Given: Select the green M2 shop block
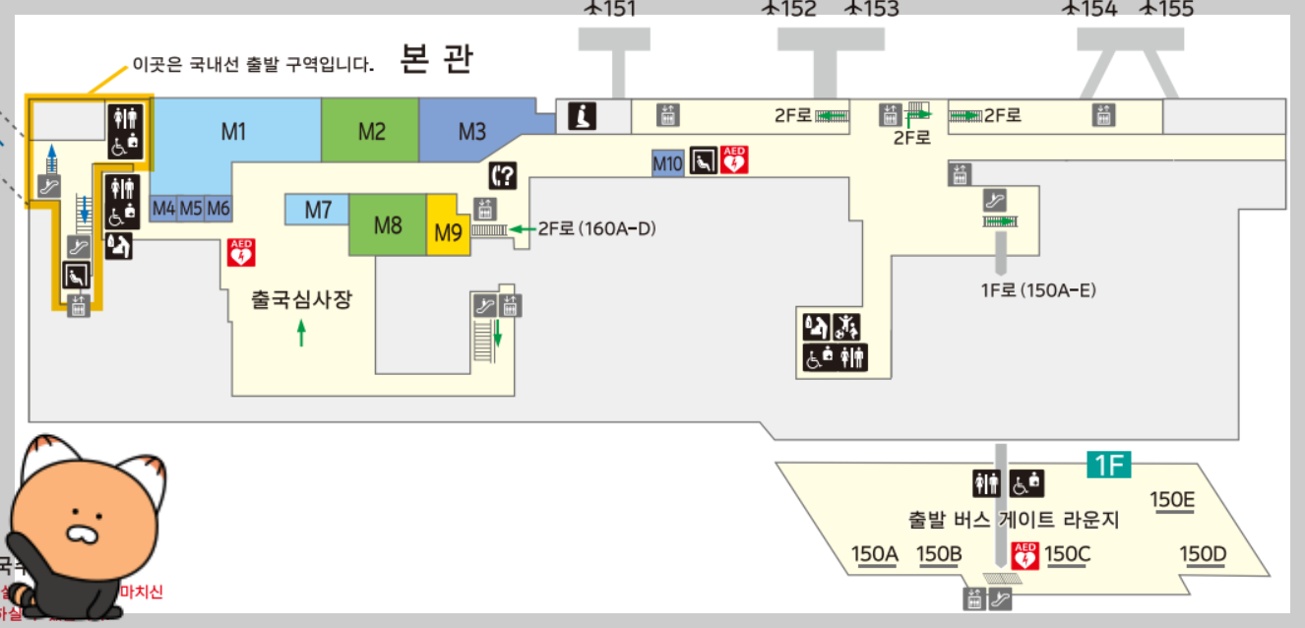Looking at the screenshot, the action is click(x=371, y=130).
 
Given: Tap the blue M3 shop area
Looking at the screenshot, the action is click(x=472, y=130).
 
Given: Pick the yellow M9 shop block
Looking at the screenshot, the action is click(x=448, y=233).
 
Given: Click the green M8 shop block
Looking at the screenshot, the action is click(x=388, y=225).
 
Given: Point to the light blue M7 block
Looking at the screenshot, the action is click(x=317, y=209).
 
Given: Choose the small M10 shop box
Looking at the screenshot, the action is click(x=667, y=163).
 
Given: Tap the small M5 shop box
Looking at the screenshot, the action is click(x=191, y=209).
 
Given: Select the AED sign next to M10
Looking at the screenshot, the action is click(x=735, y=159).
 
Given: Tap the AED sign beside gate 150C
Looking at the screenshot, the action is click(x=1025, y=556).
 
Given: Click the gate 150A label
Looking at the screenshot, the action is click(x=875, y=554).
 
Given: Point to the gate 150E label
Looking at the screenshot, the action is click(x=1172, y=499).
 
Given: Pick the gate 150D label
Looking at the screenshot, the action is click(x=1203, y=554).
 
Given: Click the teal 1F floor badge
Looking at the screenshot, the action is click(x=1108, y=465).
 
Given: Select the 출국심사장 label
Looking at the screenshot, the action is click(x=301, y=300).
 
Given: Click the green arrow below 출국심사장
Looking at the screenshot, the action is click(x=301, y=335).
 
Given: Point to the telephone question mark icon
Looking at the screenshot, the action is click(x=502, y=176).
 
